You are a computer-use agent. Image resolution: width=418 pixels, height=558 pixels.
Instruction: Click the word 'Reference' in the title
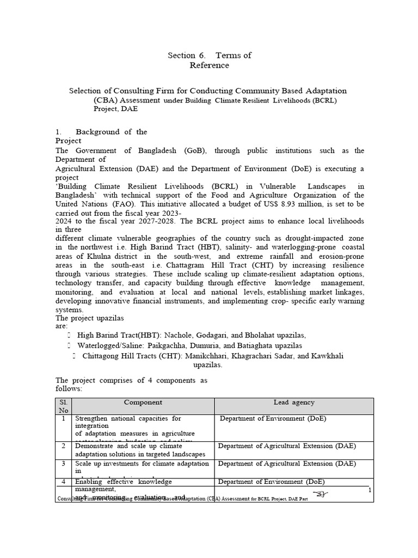pos(209,65)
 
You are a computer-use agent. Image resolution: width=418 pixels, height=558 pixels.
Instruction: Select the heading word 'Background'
pos(97,132)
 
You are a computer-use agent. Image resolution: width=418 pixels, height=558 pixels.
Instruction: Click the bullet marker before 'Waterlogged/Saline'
pos(69,346)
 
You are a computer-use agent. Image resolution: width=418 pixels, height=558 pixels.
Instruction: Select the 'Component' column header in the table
pos(143,403)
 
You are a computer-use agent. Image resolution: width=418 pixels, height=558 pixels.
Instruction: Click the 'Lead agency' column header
pos(293,403)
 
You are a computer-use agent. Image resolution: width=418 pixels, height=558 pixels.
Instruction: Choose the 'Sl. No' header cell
pos(64,406)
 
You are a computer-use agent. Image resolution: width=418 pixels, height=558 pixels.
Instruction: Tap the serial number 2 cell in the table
pos(64,446)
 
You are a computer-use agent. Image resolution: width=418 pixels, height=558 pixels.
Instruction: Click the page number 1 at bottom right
pos(370,490)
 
